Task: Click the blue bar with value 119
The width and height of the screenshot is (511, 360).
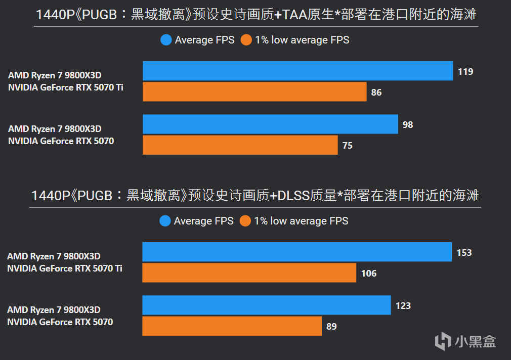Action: (297, 71)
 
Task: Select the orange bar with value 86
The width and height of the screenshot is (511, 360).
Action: (254, 92)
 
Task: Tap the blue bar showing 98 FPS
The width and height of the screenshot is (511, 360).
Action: (270, 124)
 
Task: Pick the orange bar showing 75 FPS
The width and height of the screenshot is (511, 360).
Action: (240, 145)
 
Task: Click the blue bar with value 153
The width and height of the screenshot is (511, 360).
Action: (296, 252)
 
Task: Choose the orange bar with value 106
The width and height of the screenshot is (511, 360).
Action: (249, 273)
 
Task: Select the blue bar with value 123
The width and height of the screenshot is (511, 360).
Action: (266, 305)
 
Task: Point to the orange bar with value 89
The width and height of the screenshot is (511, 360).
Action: (232, 326)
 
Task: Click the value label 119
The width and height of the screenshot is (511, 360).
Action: (465, 72)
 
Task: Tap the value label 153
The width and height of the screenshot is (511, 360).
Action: (464, 253)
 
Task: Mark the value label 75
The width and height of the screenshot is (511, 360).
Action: (348, 146)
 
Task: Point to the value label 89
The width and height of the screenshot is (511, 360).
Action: (331, 327)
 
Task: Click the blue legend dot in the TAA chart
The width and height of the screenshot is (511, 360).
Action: (166, 40)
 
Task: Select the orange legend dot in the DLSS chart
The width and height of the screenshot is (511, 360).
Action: (246, 221)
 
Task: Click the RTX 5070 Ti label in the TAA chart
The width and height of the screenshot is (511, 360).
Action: (66, 87)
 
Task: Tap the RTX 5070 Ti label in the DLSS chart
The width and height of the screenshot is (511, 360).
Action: (65, 268)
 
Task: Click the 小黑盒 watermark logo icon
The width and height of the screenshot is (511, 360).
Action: (442, 340)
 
